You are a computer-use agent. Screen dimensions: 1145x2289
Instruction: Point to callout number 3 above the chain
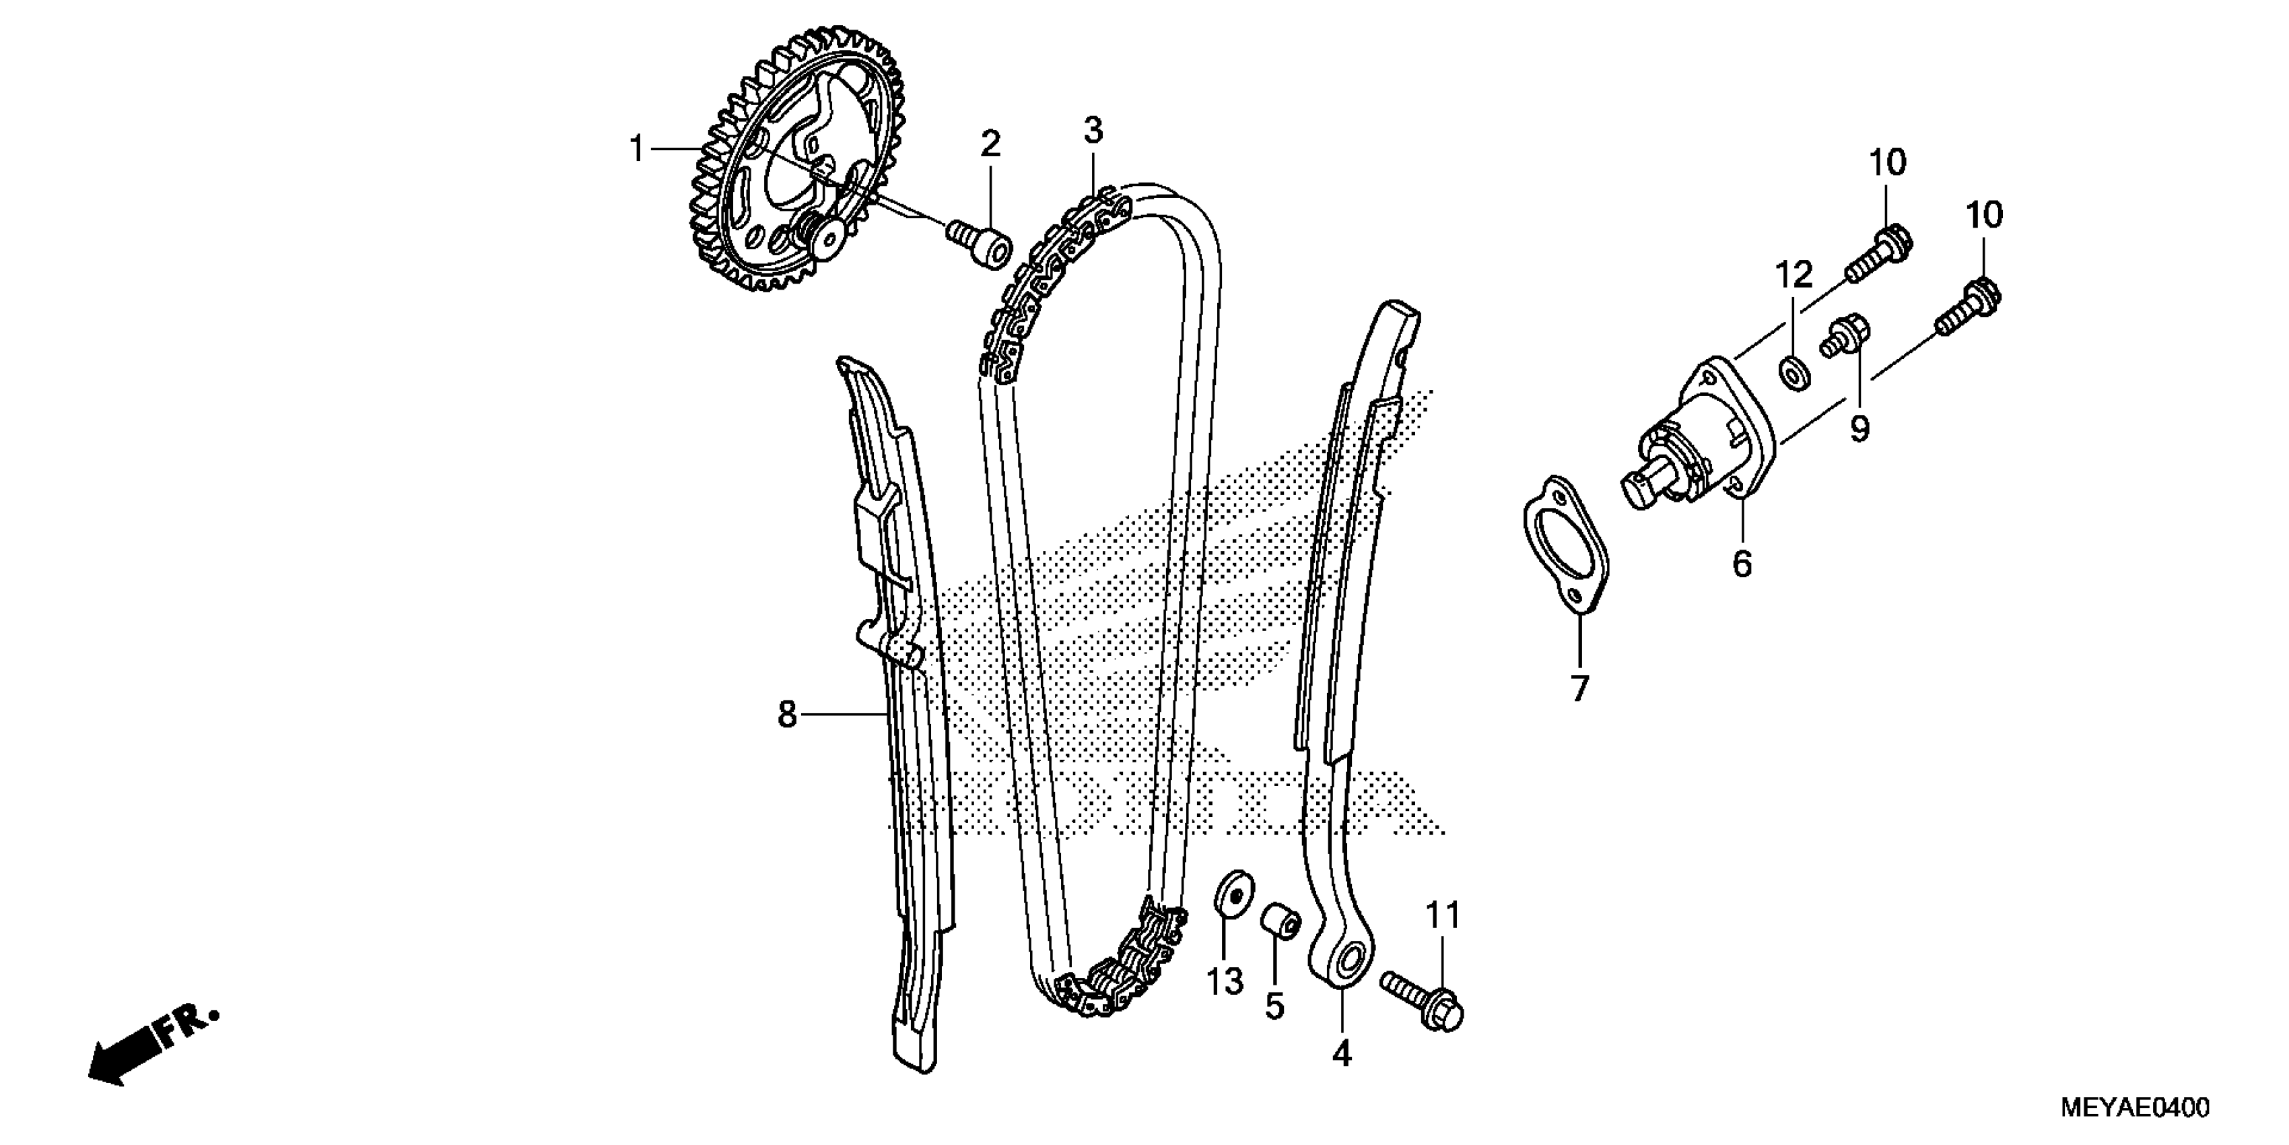[x=1092, y=131]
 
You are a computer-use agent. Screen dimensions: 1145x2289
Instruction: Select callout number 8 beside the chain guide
[x=787, y=714]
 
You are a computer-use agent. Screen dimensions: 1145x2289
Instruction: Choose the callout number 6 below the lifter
[x=1742, y=564]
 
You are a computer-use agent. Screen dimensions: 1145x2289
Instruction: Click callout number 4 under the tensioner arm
[x=1342, y=1053]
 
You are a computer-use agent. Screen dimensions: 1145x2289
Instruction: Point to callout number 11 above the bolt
[x=1443, y=915]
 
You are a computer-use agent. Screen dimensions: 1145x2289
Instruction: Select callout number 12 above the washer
[x=1794, y=275]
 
